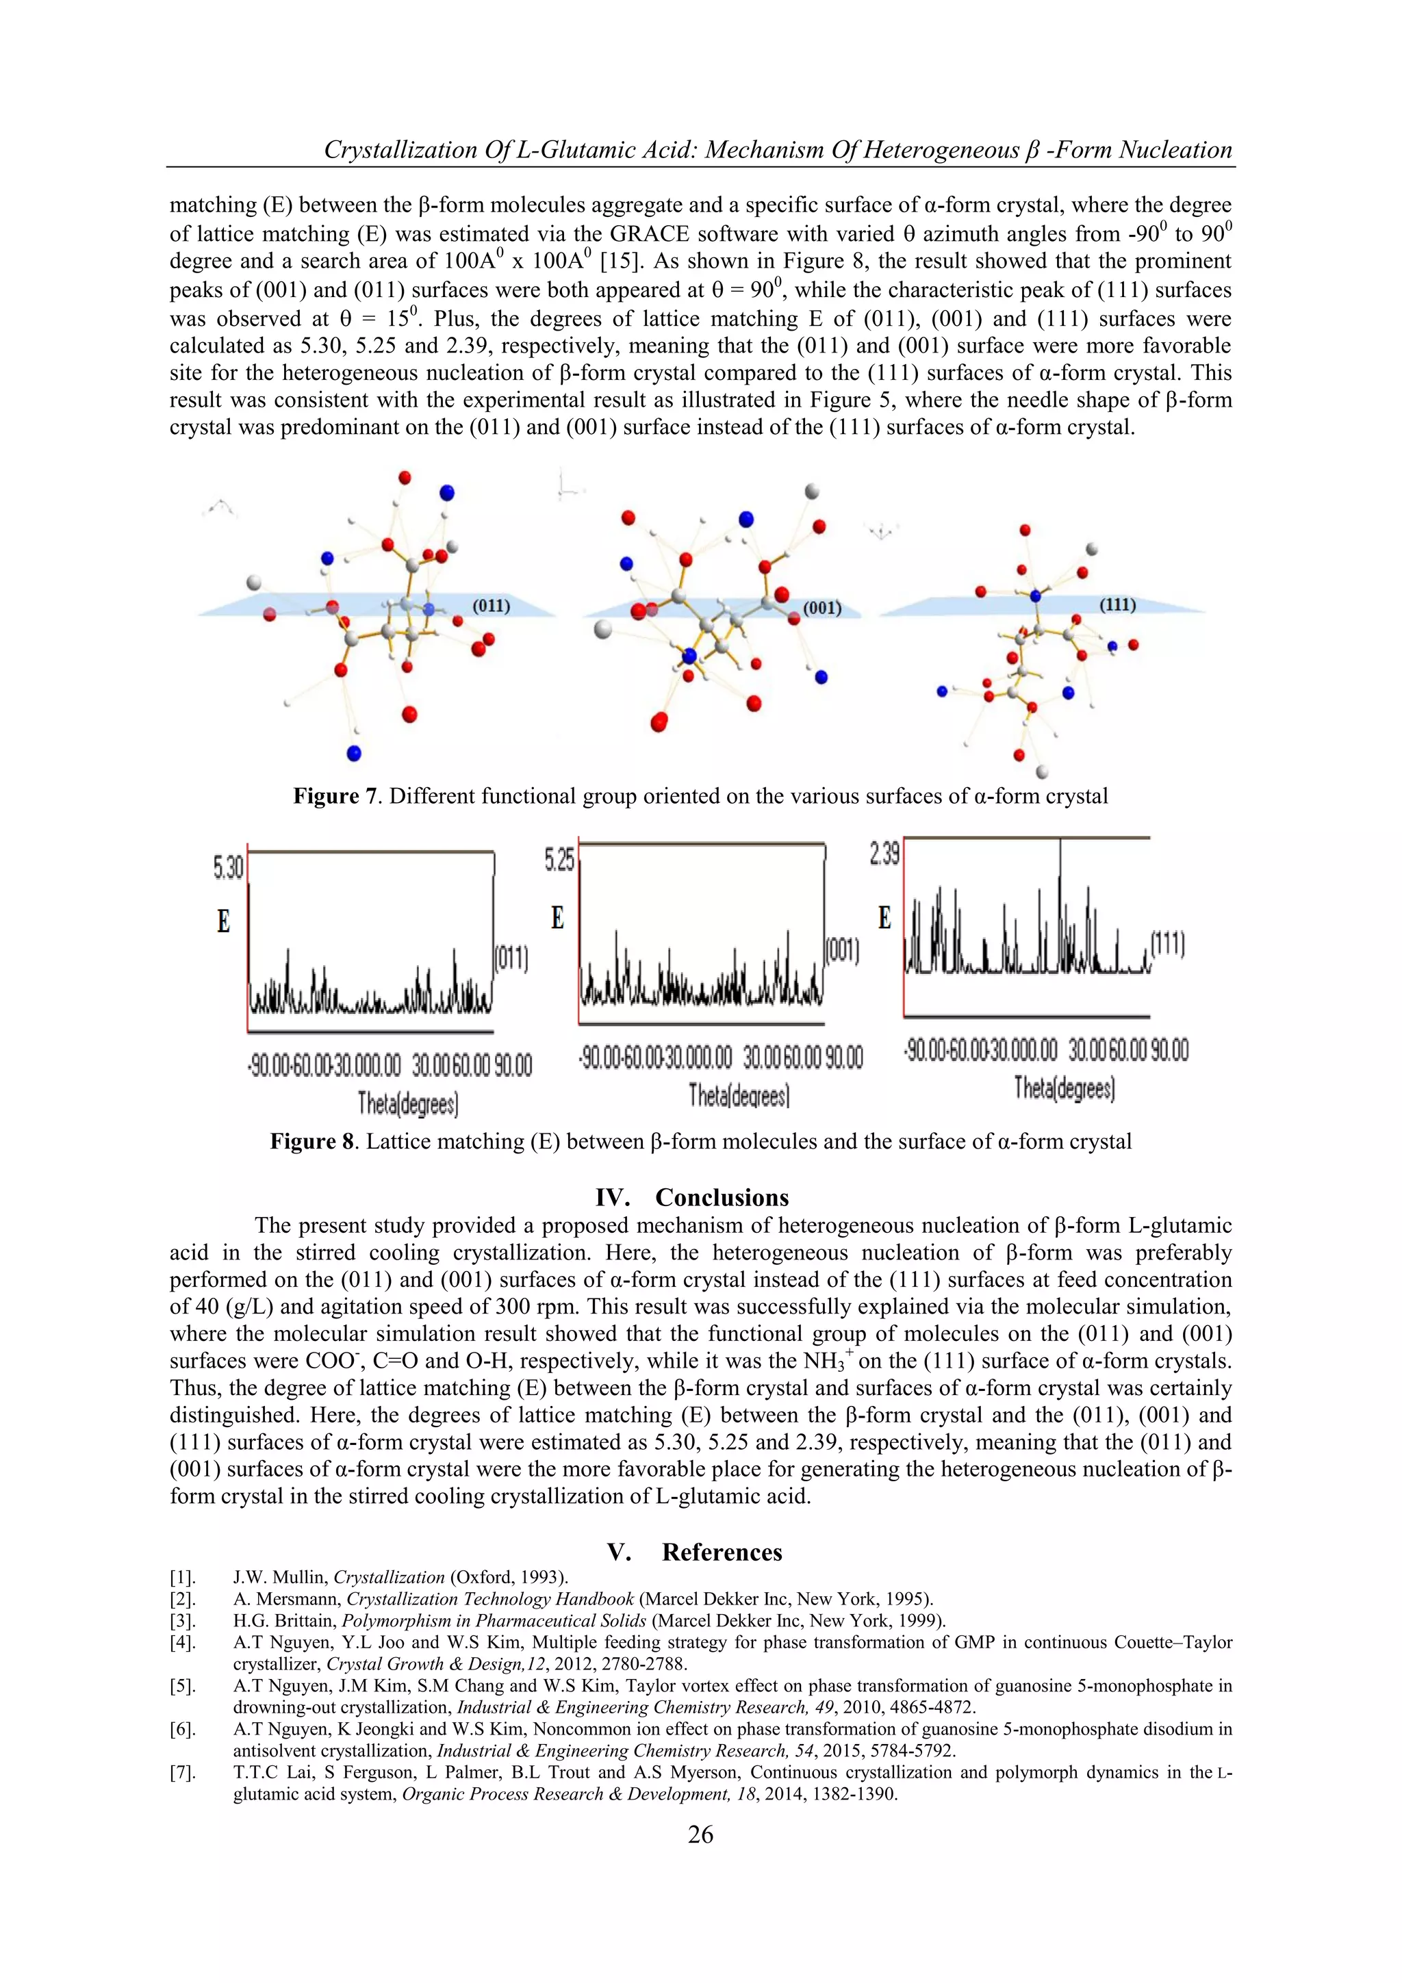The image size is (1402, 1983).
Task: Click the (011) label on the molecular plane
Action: click(491, 605)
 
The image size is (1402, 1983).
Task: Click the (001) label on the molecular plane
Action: click(821, 608)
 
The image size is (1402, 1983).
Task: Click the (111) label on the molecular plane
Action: click(1117, 604)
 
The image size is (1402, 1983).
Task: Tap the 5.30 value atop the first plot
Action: click(228, 867)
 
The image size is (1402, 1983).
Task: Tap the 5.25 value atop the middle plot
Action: click(559, 858)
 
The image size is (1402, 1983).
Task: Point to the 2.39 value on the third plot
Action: click(884, 854)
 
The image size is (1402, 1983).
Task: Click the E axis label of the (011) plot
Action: click(224, 921)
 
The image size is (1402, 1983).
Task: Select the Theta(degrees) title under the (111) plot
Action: click(1065, 1088)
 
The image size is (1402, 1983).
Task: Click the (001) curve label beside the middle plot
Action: click(842, 951)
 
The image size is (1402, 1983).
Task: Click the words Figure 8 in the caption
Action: click(312, 1141)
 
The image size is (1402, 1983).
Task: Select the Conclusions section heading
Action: click(722, 1197)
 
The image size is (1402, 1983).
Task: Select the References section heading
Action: click(722, 1552)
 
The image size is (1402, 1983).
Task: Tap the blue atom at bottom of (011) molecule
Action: click(353, 753)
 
